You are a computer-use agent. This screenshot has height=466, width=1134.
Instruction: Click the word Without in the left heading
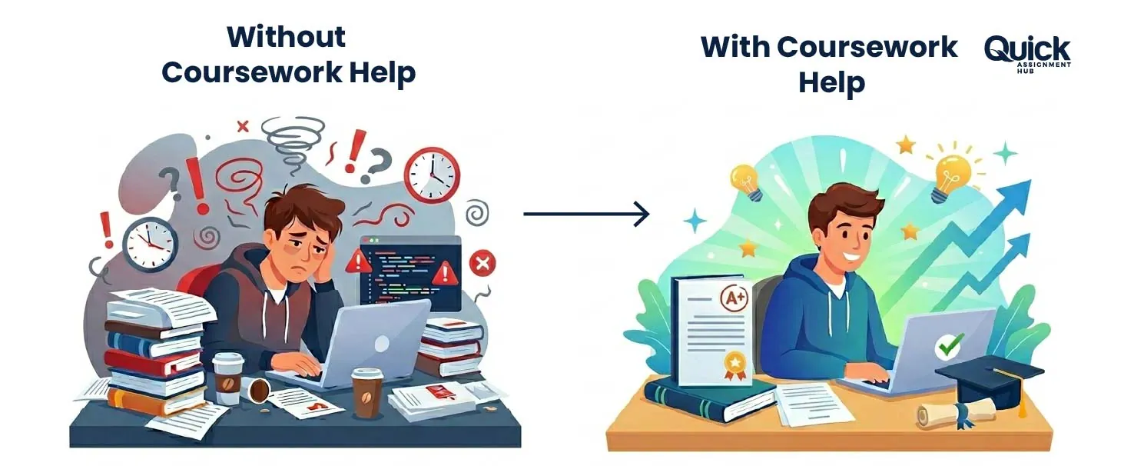(x=287, y=36)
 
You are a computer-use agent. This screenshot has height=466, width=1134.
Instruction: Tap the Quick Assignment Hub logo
(x=1028, y=54)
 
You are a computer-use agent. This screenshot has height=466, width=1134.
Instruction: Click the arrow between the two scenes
(x=586, y=214)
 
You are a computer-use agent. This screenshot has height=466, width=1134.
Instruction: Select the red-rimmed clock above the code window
(x=432, y=175)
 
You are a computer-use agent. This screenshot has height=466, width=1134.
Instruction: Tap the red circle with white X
(x=482, y=263)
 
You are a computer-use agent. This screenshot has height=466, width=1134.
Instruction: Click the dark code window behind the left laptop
(x=410, y=272)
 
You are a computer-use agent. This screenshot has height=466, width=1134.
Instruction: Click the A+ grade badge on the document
(x=734, y=298)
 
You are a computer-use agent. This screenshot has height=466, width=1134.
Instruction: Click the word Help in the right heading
(x=832, y=82)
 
